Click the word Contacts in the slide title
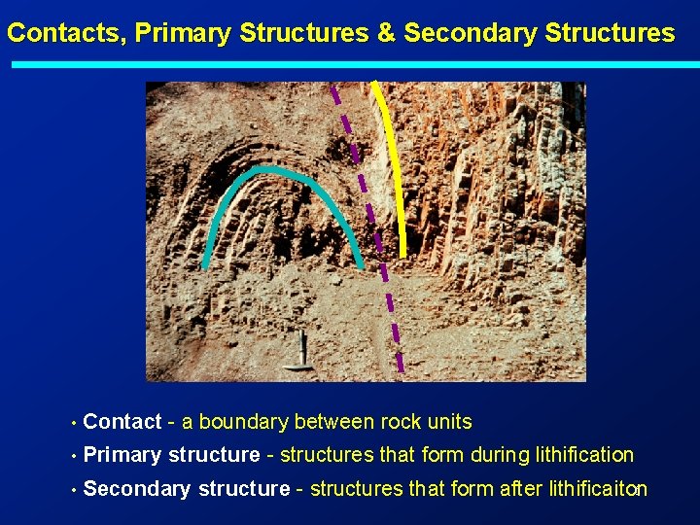point(66,33)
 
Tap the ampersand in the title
point(386,33)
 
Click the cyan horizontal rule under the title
point(355,64)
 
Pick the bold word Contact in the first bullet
point(122,422)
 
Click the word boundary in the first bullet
point(244,422)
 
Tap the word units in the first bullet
point(450,422)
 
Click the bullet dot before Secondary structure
point(73,489)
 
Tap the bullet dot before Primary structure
point(73,456)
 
